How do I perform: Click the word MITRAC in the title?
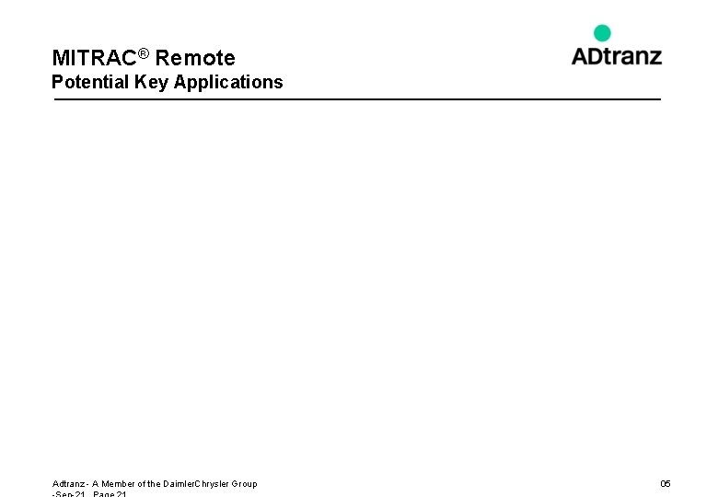coord(95,59)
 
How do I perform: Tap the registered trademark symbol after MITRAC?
coord(144,54)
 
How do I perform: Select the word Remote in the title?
coord(195,59)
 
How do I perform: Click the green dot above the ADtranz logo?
coord(602,33)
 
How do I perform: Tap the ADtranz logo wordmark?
coord(616,55)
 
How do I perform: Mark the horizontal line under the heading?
coord(357,98)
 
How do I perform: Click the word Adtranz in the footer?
coord(68,483)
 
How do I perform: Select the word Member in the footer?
coord(117,483)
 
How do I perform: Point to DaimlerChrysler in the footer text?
coord(199,483)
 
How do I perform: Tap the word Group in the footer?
coord(245,483)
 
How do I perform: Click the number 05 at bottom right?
coord(666,483)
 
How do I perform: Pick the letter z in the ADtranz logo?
coord(654,57)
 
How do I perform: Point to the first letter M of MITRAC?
coord(60,59)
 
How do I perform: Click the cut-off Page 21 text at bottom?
coord(110,494)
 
